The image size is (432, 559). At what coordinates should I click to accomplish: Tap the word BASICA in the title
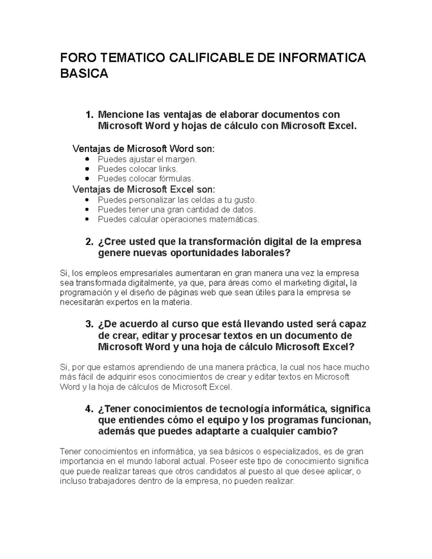pyautogui.click(x=84, y=73)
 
